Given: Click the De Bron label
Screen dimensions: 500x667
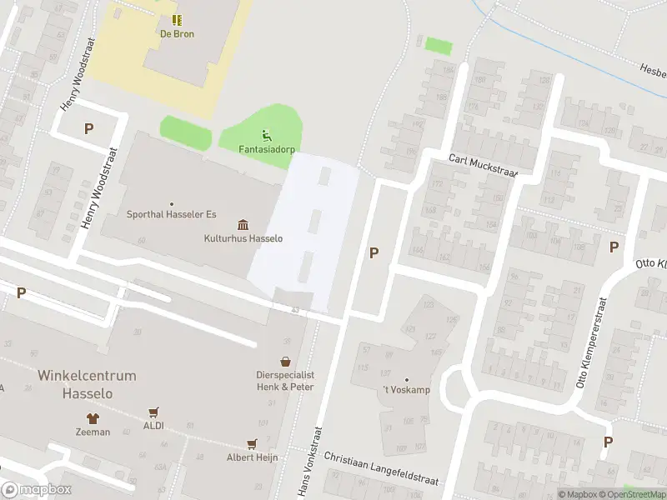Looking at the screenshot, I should pos(177,34).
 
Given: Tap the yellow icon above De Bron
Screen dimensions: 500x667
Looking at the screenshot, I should pos(177,20).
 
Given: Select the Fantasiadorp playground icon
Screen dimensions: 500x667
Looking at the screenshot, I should pos(267,135).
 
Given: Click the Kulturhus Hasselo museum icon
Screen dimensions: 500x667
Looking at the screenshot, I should pos(243,225).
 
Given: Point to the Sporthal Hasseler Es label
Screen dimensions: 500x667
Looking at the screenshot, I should pos(171,214).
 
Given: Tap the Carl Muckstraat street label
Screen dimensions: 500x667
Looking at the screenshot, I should pos(484,165).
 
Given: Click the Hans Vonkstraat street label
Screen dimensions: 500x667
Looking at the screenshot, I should pos(309,472).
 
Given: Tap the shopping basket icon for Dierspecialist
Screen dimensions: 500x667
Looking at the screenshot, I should pos(286,362).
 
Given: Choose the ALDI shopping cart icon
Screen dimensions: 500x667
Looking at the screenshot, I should pos(153,412).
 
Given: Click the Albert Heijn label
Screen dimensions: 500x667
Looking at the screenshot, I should pos(251,457).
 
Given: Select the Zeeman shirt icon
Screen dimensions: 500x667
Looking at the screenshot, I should pos(93,418).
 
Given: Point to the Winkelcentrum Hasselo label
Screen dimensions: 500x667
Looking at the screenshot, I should pos(87,384).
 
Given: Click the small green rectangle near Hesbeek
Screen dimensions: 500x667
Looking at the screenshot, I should pos(438,45).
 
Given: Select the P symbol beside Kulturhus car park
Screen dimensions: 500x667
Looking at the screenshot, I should pos(374,252).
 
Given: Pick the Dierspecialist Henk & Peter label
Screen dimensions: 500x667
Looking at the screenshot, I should pos(286,381).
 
